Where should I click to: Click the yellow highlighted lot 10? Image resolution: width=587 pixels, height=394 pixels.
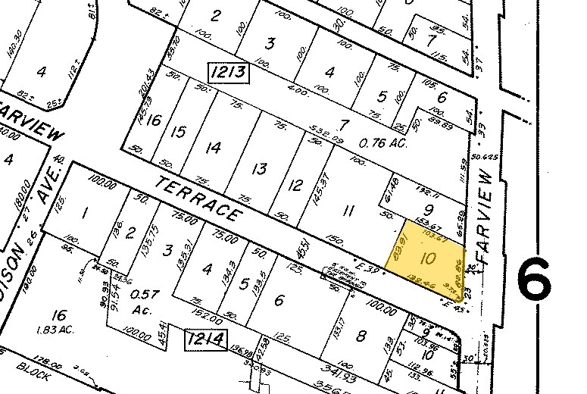pos(429,257)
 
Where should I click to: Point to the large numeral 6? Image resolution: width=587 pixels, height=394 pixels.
pos(535,280)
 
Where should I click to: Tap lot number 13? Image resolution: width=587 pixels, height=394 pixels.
pos(259,168)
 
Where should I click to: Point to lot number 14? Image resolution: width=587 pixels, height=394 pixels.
pos(214,147)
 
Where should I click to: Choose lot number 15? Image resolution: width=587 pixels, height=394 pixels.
pos(179,132)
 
